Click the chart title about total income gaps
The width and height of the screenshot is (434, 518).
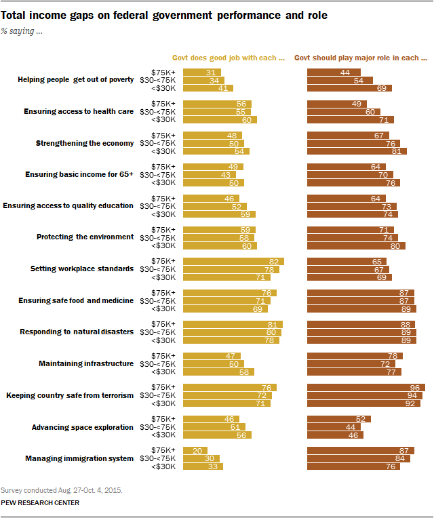[164, 14]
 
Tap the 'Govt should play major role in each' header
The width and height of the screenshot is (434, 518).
[360, 58]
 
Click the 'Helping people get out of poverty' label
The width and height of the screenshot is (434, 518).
[75, 80]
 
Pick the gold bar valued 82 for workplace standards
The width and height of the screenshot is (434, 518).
[233, 261]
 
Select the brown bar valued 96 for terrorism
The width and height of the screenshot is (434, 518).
[366, 388]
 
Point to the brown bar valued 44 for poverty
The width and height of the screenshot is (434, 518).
[334, 72]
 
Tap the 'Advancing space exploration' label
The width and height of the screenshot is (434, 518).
[83, 427]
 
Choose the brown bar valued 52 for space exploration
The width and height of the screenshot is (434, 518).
[339, 419]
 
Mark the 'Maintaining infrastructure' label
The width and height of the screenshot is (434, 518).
[86, 363]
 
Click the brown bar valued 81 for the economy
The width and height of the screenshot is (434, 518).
[357, 151]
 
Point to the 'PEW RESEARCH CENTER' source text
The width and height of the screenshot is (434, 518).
[40, 502]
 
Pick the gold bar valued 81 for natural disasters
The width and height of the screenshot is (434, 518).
[233, 325]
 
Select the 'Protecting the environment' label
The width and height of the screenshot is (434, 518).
[85, 237]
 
